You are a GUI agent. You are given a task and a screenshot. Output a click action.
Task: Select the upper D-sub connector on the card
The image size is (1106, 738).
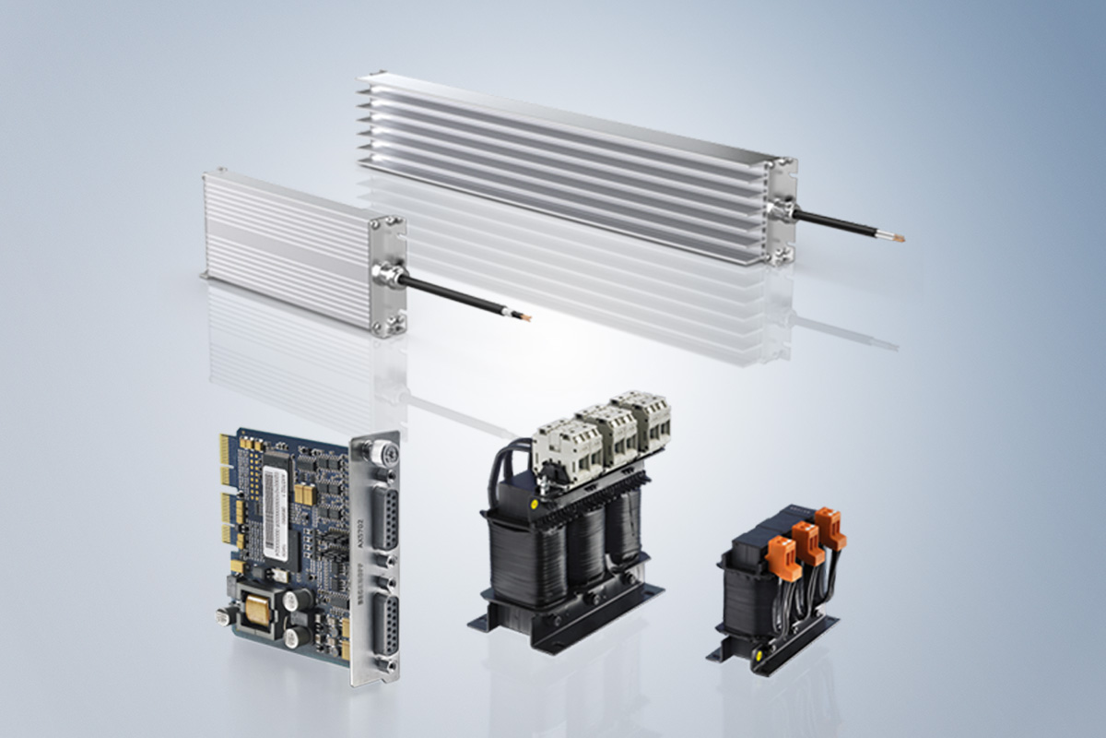pyautogui.click(x=385, y=519)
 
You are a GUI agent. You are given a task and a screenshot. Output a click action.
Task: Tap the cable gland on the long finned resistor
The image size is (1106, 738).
pyautogui.click(x=778, y=213)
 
